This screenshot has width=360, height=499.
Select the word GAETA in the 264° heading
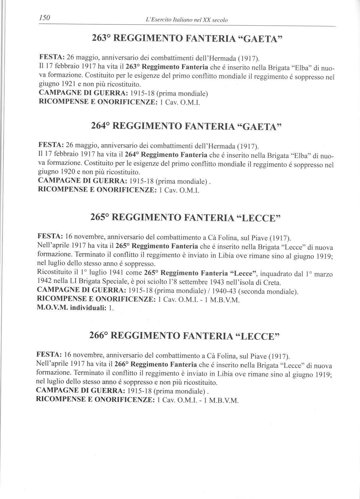(x=258, y=126)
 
